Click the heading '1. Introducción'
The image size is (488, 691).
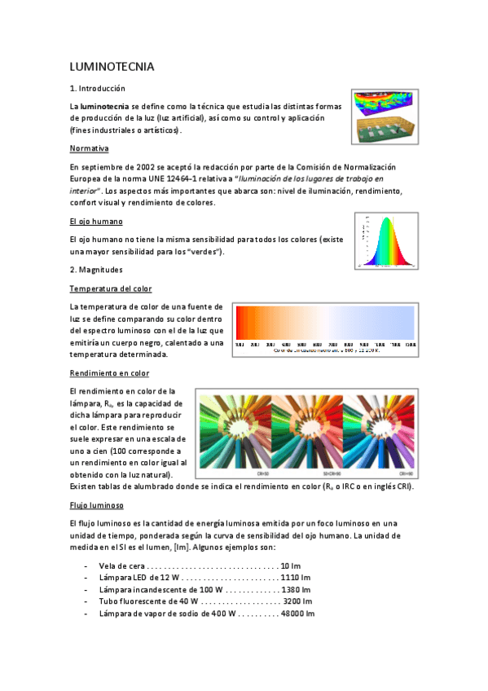[x=98, y=88]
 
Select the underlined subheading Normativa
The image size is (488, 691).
[x=90, y=148]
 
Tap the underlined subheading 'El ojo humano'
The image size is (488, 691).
[x=96, y=221]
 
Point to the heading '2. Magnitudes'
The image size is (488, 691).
[x=97, y=269]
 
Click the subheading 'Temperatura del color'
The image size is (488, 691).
[x=111, y=288]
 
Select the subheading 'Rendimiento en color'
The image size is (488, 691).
[x=110, y=373]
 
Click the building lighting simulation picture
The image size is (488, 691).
[x=385, y=117]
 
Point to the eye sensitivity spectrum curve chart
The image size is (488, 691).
[x=386, y=240]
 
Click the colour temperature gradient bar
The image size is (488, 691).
[x=325, y=323]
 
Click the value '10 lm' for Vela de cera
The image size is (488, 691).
[x=291, y=566]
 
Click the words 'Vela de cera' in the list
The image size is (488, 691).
[x=121, y=566]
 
